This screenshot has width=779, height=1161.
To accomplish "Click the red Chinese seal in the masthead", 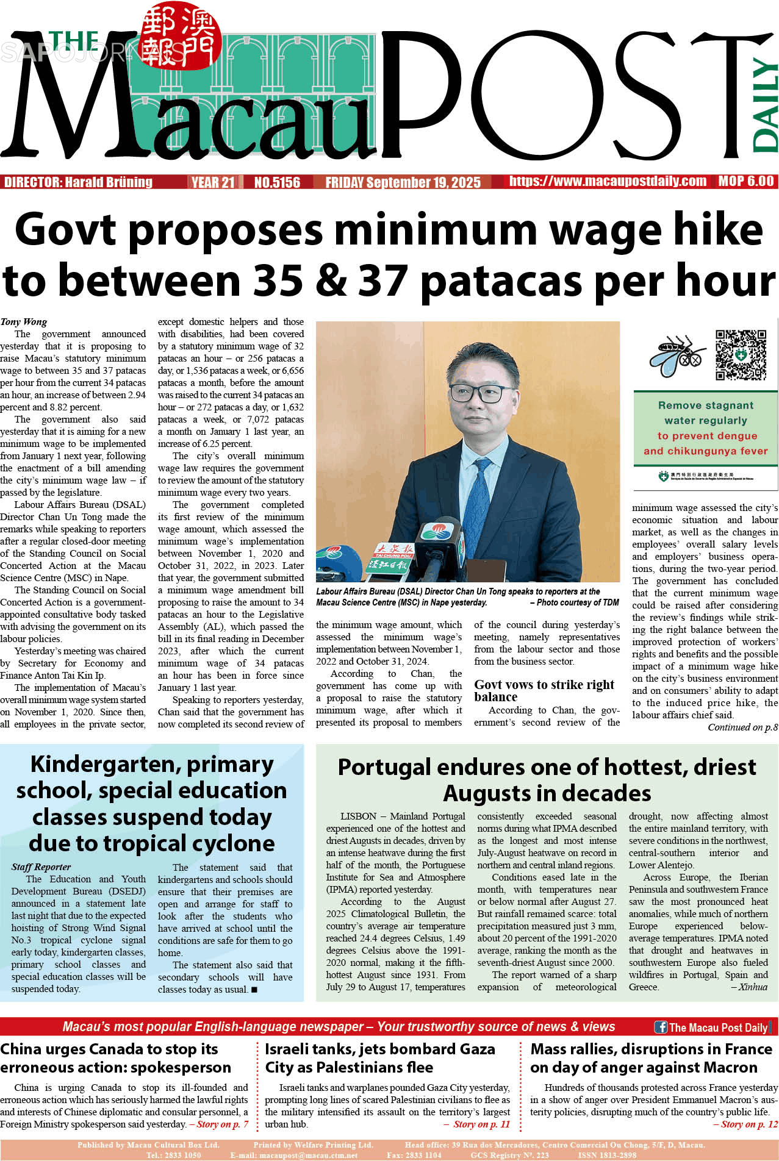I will click(179, 37).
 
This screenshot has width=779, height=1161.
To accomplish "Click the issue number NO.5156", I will click(277, 182).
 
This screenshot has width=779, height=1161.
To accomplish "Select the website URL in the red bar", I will click(608, 181).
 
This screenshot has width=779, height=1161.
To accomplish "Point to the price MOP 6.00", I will click(745, 181).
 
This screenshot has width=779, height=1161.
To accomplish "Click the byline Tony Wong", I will click(24, 322).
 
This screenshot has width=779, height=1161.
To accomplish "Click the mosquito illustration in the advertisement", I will click(678, 355).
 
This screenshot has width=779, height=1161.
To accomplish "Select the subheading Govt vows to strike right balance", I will click(544, 690).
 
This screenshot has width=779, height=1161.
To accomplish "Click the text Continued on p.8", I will click(742, 727).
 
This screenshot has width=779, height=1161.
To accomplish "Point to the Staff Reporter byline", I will click(41, 866).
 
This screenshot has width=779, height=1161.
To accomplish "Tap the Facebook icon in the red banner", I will click(661, 1027).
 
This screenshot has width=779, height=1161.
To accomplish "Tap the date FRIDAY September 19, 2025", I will click(403, 182).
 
